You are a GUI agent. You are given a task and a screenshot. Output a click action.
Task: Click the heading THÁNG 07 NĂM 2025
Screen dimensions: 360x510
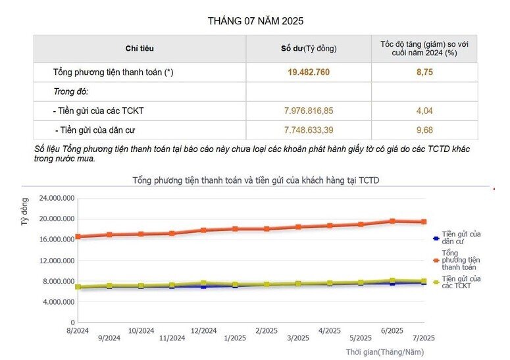255,21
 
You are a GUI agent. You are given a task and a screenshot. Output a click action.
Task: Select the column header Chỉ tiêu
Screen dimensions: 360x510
140,49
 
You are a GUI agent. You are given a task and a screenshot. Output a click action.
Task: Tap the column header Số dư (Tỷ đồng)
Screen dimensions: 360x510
309,49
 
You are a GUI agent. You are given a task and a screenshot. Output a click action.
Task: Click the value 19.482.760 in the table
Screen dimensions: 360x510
309,72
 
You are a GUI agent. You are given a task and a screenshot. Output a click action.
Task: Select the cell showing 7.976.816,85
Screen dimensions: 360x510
309,111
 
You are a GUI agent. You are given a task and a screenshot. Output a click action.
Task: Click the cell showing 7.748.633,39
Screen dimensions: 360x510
309,130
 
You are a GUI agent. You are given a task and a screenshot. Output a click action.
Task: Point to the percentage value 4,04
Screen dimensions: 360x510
424,111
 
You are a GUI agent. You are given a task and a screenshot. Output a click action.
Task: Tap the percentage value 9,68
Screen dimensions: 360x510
424,130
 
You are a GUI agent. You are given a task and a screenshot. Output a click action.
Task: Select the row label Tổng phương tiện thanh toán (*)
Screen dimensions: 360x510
113,72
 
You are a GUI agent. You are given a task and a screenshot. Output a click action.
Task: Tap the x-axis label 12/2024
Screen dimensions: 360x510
203,330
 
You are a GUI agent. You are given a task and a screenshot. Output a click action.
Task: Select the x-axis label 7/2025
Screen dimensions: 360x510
423,338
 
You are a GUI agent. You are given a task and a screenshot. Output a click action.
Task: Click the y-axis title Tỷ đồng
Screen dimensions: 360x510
25,212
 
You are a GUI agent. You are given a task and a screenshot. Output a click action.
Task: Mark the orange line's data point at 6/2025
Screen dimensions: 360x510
392,221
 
